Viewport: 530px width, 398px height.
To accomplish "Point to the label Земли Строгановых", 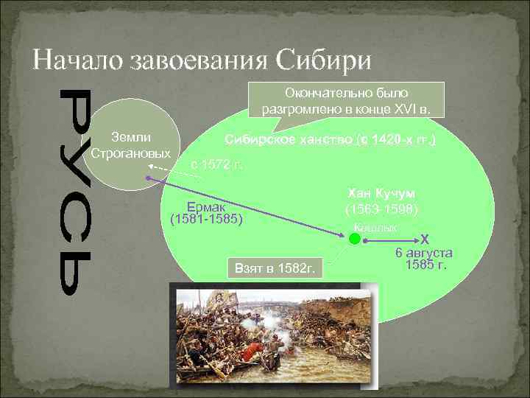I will click(x=131, y=145).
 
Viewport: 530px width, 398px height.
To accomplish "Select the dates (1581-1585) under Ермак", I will click(x=206, y=219).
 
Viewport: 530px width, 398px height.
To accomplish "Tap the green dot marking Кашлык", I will click(x=354, y=238).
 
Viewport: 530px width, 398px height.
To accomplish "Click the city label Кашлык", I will click(x=375, y=228).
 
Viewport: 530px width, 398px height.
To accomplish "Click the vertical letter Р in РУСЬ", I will click(x=76, y=110).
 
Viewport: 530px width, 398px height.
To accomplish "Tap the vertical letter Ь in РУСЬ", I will click(x=76, y=272).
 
